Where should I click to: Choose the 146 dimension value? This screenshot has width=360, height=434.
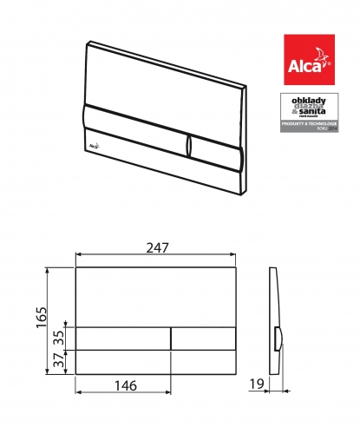pos(124,385)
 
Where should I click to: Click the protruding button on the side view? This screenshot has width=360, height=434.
pos(278,338)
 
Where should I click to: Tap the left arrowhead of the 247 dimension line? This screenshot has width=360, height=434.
pos(80,256)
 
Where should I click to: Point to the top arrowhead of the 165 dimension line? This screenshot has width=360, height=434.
pos(45,270)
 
